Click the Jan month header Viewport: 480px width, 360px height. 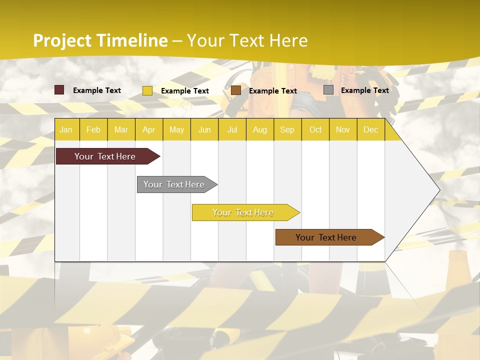point(66,129)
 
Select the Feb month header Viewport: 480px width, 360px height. point(93,129)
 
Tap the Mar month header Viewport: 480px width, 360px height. point(121,129)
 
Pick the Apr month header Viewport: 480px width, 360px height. point(149,129)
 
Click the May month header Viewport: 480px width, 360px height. point(176,129)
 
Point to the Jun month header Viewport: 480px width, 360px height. point(204,129)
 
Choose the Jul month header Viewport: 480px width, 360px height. point(232,129)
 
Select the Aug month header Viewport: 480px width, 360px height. point(259,129)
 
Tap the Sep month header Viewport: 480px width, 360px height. point(287,129)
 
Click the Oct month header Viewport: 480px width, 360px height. point(315,129)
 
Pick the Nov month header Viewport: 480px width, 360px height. point(343,129)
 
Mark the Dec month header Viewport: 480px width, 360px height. point(370,129)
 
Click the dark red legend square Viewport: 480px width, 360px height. point(59,90)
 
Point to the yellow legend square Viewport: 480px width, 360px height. point(147,90)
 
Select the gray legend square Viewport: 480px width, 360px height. point(328,90)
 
